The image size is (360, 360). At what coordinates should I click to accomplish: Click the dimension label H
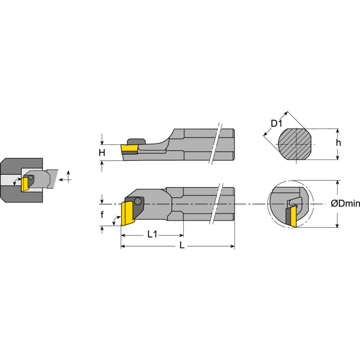point(102,153)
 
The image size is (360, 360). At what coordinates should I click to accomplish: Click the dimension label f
point(102,215)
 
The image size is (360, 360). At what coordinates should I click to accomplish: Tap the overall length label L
point(182,246)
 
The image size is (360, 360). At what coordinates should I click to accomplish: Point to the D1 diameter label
point(276,123)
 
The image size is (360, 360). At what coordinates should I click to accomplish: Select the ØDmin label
point(345,204)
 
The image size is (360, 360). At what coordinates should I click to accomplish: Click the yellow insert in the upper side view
point(129,148)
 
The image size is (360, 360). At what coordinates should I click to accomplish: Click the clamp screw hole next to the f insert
point(137,201)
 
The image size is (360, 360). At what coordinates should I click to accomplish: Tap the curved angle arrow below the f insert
point(117,220)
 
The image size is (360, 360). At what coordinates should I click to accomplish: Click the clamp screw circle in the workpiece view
point(31,177)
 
